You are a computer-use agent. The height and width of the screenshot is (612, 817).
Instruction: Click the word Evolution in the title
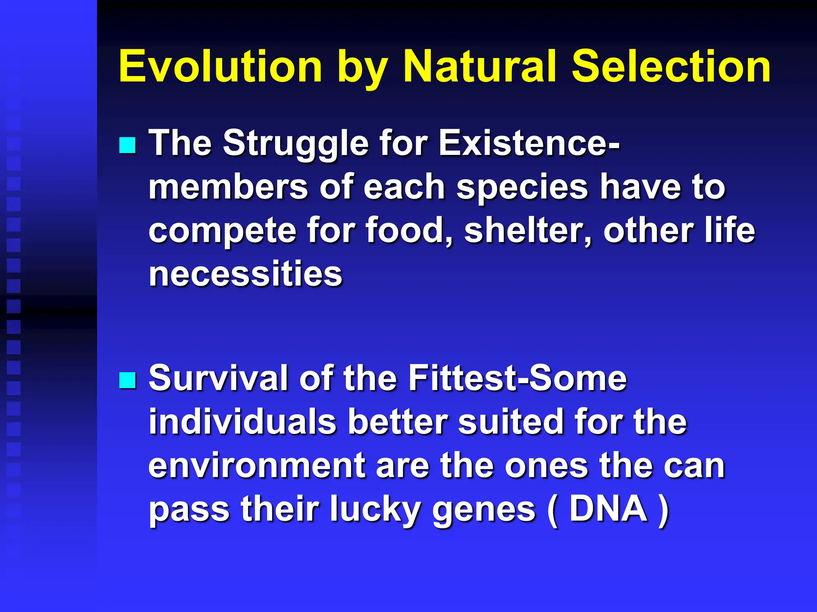(x=220, y=66)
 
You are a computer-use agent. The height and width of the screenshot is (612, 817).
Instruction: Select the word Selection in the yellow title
(x=671, y=66)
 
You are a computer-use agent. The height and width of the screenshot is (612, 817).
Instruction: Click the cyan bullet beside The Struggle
(x=128, y=145)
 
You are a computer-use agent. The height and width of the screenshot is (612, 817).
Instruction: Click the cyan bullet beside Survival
(x=128, y=380)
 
